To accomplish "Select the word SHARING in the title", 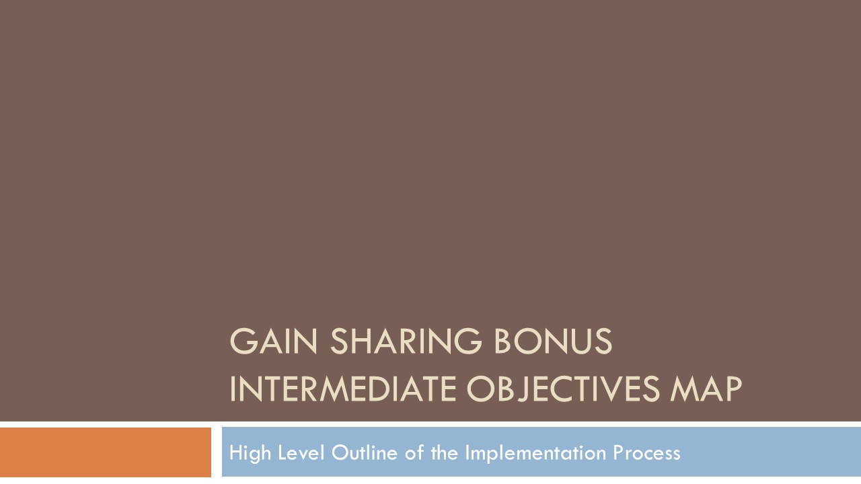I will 406,341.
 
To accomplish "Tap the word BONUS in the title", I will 552,341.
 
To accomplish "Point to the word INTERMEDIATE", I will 343,389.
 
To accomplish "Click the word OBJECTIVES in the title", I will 563,389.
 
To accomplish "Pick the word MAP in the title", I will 706,389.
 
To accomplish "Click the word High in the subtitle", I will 244,453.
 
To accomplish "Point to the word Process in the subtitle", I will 646,453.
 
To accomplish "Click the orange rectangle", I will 106,452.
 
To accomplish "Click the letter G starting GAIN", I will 242,341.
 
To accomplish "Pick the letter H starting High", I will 235,453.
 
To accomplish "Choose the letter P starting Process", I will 617,453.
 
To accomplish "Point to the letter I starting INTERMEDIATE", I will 233,389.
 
